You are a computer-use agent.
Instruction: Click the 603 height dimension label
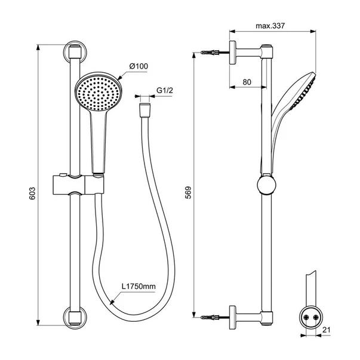pos(32,193)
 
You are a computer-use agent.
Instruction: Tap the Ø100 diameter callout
pos(139,66)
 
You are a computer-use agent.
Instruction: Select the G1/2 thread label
pos(165,90)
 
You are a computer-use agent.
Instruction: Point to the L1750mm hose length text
pos(139,287)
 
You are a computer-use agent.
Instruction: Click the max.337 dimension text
pos(270,26)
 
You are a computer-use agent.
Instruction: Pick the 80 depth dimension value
pos(247,82)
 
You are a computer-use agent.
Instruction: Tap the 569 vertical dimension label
pos(188,192)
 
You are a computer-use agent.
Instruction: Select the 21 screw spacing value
pos(326,330)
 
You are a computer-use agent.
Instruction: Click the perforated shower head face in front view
pos(99,94)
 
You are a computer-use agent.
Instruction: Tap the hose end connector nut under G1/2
pos(144,110)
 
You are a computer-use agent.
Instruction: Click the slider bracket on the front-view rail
pos(78,184)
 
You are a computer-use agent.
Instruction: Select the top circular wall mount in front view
pos(75,54)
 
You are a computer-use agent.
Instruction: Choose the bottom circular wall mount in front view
pos(75,317)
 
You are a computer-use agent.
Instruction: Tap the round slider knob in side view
pos(266,185)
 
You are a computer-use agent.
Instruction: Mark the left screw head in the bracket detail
pos(306,317)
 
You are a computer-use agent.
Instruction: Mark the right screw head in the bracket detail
pos(316,317)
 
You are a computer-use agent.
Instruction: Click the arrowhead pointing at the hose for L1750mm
pos(112,303)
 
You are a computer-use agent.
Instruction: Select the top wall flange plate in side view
pos(233,53)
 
